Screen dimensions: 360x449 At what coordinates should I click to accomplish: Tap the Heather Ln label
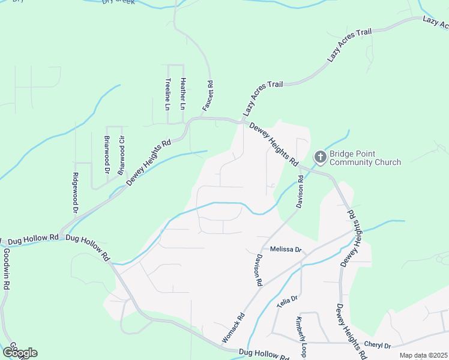coord(183,94)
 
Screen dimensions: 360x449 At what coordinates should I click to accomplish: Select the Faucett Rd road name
coord(207,96)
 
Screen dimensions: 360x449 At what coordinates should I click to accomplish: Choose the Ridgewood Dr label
coord(76,193)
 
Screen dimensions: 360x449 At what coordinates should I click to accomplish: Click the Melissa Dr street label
coord(285,249)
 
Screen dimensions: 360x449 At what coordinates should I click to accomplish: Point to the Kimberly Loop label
coord(300,337)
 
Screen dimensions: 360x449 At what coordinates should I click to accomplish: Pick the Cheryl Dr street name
coord(378,346)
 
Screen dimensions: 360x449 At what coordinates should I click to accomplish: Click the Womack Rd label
coord(233,328)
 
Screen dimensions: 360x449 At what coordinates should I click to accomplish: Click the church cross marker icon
coord(320,158)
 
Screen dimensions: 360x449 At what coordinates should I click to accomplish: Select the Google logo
coord(20,353)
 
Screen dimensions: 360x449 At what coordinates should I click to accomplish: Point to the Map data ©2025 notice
coord(423,355)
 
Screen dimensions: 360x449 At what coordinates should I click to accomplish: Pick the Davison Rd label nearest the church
coord(300,192)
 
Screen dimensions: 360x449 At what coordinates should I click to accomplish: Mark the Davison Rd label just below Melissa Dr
coord(258,269)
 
